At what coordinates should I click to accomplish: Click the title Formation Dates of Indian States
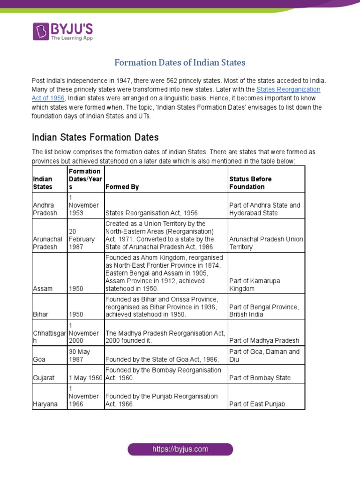point(180,62)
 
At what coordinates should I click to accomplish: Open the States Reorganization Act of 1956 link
point(288,89)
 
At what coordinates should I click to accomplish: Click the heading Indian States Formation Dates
point(95,137)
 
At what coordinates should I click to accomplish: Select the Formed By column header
point(122,187)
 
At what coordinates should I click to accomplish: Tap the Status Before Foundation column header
point(250,183)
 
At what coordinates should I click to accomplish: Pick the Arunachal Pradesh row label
point(47,243)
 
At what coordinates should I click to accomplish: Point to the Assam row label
point(42,289)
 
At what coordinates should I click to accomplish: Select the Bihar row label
point(40,314)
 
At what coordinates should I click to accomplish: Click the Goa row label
point(39,359)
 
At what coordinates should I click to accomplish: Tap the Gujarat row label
point(43,378)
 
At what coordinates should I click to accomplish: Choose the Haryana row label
point(45,404)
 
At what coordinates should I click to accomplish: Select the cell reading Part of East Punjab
point(257,404)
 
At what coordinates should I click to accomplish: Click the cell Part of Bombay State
point(260,378)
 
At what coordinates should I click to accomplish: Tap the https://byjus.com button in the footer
point(180,450)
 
